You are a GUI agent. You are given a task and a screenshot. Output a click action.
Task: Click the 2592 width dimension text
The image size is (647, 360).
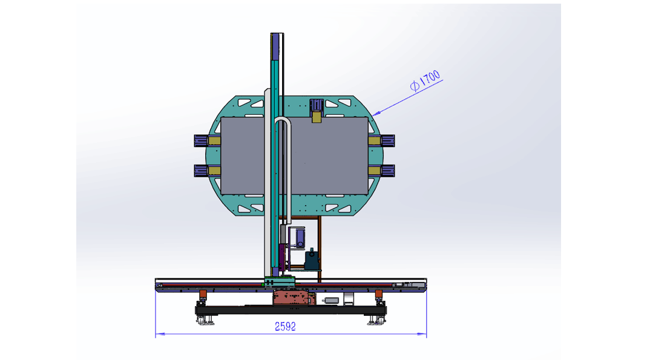point(285,326)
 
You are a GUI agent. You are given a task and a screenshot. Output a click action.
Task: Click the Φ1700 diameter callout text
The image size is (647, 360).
point(425,81)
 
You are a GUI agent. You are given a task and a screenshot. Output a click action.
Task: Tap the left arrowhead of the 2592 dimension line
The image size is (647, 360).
point(160,334)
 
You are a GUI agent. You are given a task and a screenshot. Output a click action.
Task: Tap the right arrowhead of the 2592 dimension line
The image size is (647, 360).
point(422,334)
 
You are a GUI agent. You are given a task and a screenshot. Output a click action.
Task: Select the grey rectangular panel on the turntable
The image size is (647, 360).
point(294,155)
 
